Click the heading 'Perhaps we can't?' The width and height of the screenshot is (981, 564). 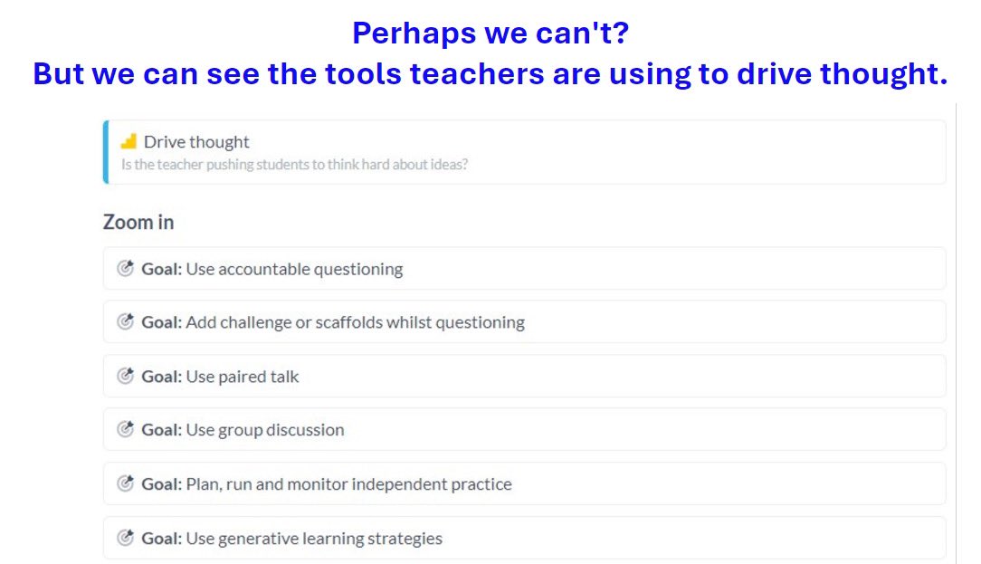[490, 33]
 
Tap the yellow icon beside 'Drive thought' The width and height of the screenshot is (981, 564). [129, 141]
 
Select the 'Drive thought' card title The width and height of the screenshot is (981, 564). [196, 142]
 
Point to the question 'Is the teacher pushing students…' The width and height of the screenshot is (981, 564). [294, 166]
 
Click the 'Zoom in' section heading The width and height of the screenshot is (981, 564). [138, 222]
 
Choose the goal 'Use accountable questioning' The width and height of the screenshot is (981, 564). [294, 269]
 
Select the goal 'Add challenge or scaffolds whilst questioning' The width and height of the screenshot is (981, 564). [355, 322]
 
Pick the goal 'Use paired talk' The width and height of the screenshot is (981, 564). [242, 377]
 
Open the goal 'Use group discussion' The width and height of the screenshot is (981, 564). [264, 430]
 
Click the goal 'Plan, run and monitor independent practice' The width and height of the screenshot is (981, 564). [348, 484]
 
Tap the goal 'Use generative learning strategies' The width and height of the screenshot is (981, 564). [314, 539]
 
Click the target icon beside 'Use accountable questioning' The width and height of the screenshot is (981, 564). [126, 268]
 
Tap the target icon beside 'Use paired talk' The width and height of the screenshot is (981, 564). [126, 376]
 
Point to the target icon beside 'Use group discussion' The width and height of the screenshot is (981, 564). [126, 429]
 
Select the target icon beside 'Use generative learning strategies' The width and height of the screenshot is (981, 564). [126, 538]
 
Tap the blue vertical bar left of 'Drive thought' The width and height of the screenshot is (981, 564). [106, 152]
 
